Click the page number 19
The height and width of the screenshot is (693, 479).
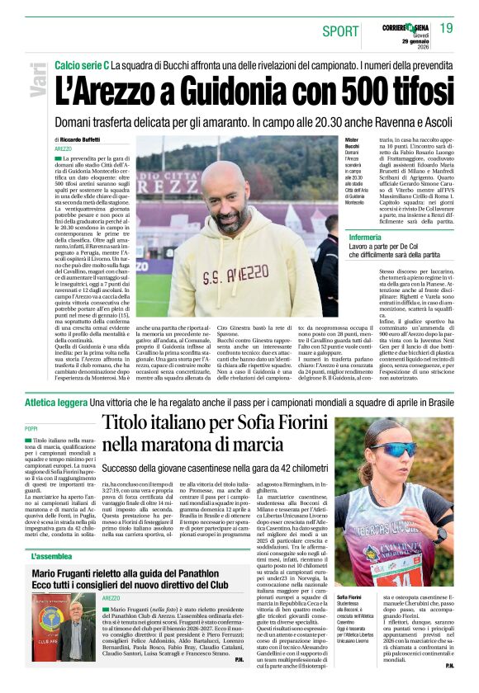pyautogui.click(x=446, y=28)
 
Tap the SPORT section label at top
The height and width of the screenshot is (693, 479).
pyautogui.click(x=341, y=31)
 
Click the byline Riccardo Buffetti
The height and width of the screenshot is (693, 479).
pyautogui.click(x=89, y=140)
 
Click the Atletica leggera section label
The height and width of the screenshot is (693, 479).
pyautogui.click(x=57, y=401)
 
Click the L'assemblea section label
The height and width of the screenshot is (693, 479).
pyautogui.click(x=51, y=557)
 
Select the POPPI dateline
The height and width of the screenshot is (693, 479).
pyautogui.click(x=31, y=429)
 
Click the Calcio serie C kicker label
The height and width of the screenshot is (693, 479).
pyautogui.click(x=82, y=64)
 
